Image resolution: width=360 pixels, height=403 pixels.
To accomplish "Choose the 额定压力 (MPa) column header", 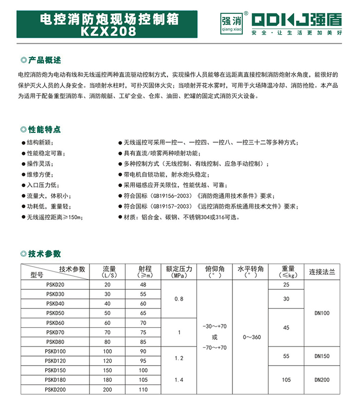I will click(179, 272).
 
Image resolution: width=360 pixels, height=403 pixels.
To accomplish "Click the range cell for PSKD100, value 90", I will click(143, 351).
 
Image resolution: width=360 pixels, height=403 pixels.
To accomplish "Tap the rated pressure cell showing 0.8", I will click(179, 299).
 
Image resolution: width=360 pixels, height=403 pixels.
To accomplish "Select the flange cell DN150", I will click(322, 356).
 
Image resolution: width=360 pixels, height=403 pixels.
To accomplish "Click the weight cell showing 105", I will click(286, 379).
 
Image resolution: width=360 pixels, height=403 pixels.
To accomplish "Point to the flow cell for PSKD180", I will click(107, 379).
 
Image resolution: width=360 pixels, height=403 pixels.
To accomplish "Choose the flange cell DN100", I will click(322, 313).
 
